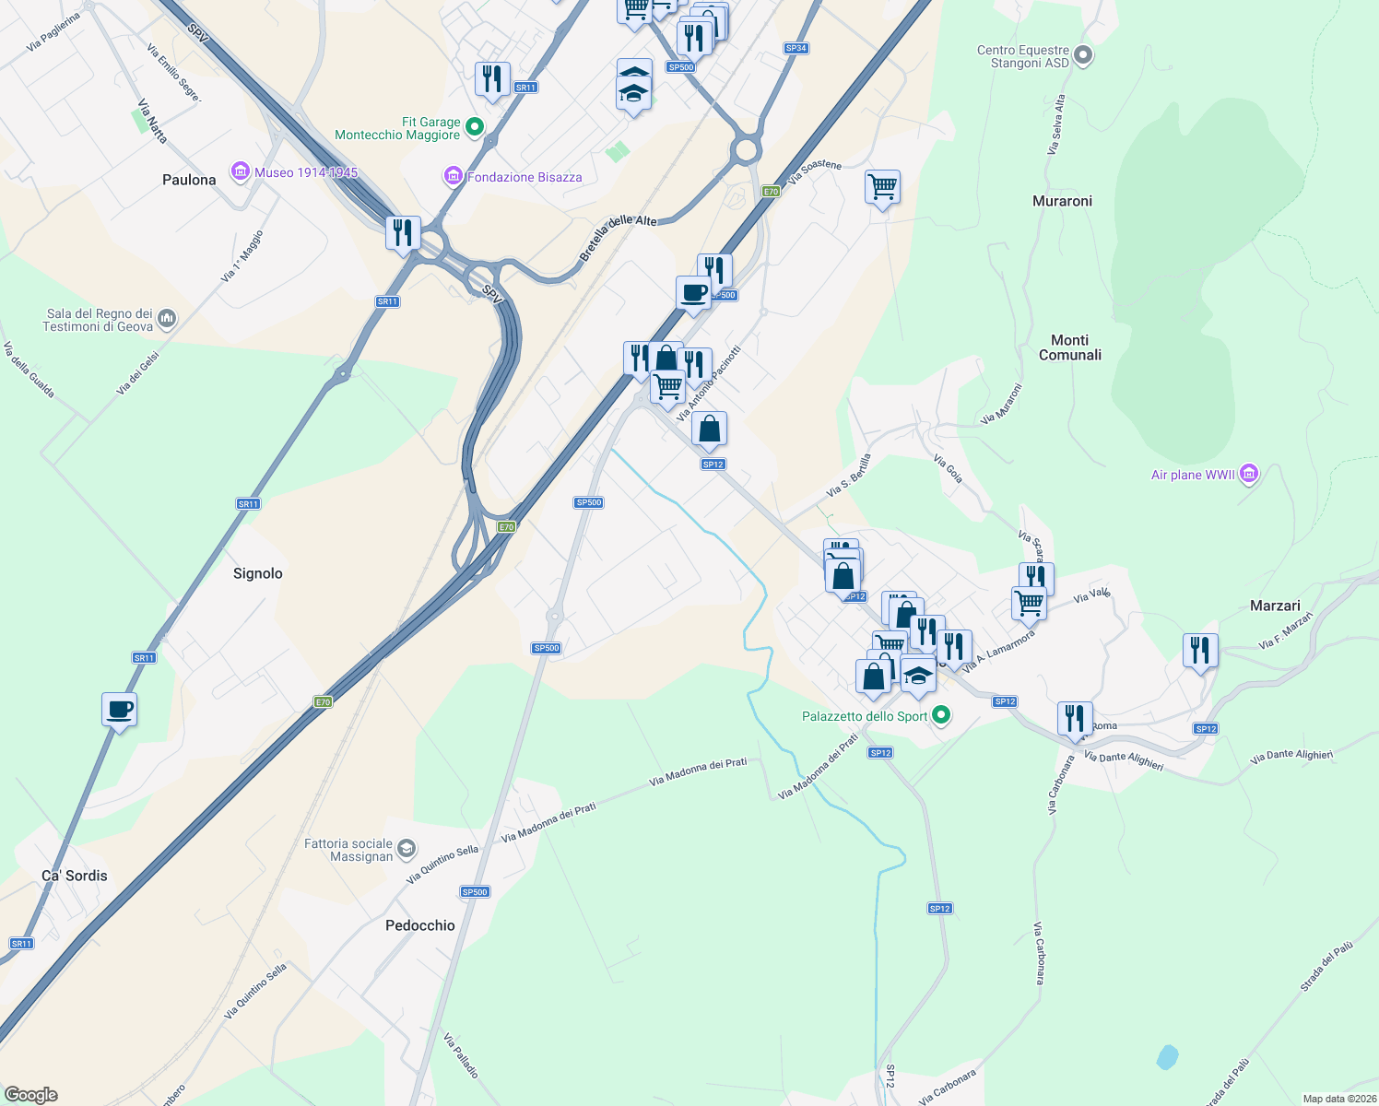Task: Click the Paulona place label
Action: [189, 180]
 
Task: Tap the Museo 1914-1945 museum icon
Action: [242, 171]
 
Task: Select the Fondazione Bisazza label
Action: [524, 177]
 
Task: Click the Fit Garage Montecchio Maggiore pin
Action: [475, 127]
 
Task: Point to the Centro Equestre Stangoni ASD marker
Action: [1084, 56]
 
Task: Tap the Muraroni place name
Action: [1062, 201]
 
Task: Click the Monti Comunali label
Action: [1069, 347]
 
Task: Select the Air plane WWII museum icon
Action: [1249, 474]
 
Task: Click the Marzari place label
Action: [1275, 606]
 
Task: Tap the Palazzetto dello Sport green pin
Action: [941, 715]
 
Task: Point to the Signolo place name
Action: [257, 573]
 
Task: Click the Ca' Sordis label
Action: [75, 876]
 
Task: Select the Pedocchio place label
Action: [420, 925]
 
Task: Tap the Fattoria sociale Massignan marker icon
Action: [407, 849]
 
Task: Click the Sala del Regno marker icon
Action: [167, 319]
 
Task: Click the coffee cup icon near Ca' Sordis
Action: [120, 710]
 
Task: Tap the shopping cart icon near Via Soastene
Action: [882, 187]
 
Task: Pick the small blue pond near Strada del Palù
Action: [1167, 1056]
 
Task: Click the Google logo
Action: [31, 1095]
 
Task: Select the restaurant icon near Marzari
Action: [1199, 651]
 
